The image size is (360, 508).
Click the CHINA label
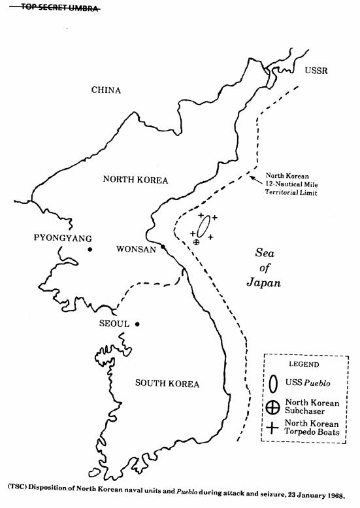pos(106,90)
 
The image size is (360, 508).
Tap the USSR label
pos(316,71)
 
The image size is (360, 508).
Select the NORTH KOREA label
pos(135,180)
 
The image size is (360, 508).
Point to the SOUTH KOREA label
pos(167,384)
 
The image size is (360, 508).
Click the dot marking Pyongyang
pos(90,249)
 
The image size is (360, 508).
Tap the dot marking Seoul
pos(137,324)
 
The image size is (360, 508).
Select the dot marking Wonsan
pos(163,247)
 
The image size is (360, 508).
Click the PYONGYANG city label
pos(63,238)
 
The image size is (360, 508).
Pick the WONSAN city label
pos(136,249)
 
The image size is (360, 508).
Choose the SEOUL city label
pos(114,324)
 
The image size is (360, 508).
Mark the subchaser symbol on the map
pos(196,242)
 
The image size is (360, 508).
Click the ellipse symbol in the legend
pos(274,384)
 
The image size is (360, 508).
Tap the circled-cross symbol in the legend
pos(272,407)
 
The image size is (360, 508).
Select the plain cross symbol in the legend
pos(272,428)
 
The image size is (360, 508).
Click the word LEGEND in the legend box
pos(304,364)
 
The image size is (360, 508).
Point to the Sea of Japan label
pos(263,267)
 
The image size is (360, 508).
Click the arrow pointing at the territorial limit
pos(256,180)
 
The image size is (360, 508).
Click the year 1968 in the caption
pos(335,496)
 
